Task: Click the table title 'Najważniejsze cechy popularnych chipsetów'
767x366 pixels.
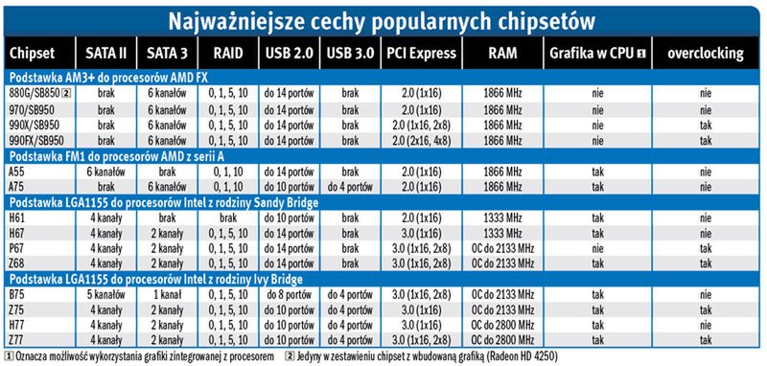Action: coord(383,19)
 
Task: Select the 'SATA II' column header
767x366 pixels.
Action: coord(101,52)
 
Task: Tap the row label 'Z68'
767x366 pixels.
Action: coord(18,262)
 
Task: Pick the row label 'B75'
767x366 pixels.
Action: coord(18,294)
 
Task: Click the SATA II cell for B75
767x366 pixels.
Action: coord(101,294)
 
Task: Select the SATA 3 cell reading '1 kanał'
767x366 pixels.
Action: coord(162,294)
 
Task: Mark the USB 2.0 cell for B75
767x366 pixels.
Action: coord(286,294)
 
